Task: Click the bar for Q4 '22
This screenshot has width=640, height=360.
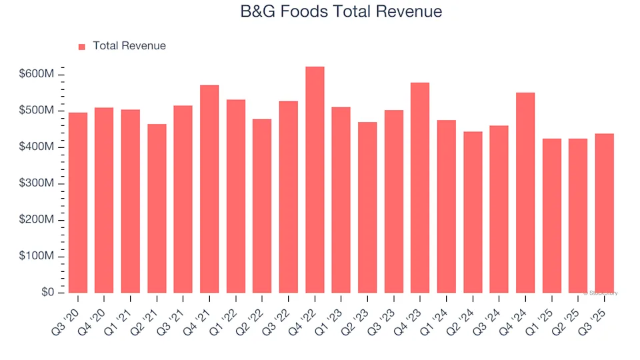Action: (x=315, y=180)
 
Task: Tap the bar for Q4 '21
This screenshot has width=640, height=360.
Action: (x=209, y=189)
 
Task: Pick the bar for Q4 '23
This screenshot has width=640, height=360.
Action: (x=420, y=188)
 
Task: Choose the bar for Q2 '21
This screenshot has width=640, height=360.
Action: (x=157, y=209)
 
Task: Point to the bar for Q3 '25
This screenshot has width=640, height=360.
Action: (x=604, y=213)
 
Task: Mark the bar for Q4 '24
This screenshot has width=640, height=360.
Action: (x=525, y=193)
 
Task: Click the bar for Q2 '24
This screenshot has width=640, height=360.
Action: (x=473, y=212)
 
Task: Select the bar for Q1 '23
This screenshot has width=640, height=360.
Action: (x=341, y=200)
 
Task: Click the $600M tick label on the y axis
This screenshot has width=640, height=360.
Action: (x=37, y=74)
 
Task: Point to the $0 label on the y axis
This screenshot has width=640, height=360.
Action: (x=47, y=293)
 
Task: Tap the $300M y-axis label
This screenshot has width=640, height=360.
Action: (x=37, y=183)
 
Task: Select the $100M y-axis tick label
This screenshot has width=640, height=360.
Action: (x=37, y=257)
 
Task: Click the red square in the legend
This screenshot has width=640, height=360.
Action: (x=82, y=47)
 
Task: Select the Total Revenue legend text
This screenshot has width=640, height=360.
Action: (x=129, y=46)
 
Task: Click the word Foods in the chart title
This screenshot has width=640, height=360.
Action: (x=303, y=11)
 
